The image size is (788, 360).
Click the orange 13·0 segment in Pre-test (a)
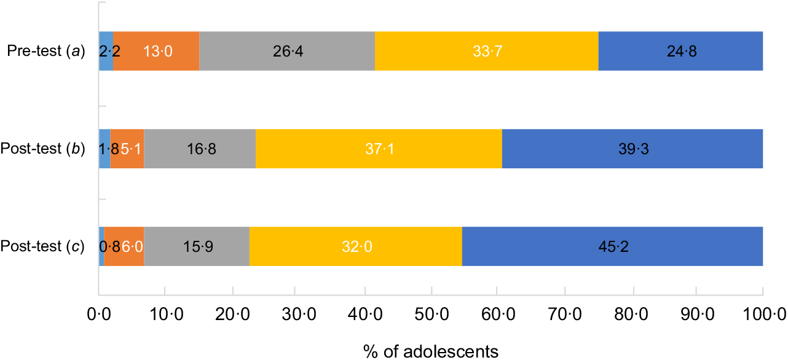(156, 51)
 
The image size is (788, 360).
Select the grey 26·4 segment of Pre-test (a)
(287, 51)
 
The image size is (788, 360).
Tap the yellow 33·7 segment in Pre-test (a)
(486, 51)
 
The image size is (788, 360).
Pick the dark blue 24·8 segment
(680, 51)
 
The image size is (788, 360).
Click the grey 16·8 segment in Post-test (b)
(200, 149)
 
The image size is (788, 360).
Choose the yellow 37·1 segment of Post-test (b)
(379, 149)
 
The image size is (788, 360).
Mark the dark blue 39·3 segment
(632, 149)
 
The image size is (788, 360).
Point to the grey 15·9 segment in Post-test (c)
(197, 246)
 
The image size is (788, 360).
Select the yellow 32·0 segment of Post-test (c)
(355, 246)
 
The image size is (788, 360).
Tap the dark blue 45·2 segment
(612, 246)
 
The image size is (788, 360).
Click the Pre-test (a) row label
(47, 51)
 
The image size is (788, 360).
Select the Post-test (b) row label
(45, 149)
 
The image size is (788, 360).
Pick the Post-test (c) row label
(45, 246)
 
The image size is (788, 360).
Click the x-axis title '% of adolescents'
(430, 351)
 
